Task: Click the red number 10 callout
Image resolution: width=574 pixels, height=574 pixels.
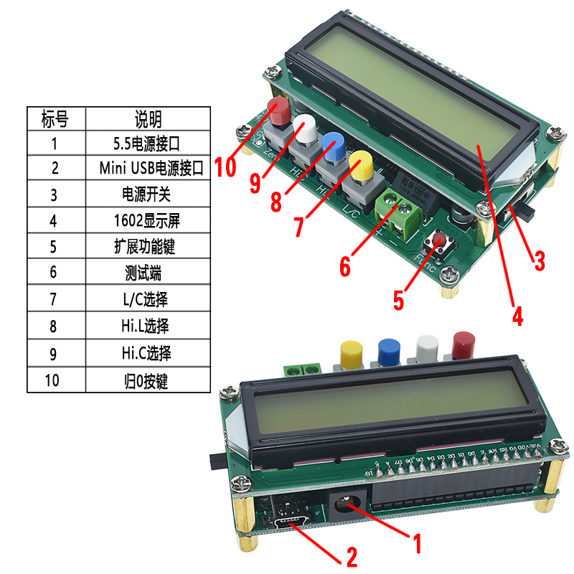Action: (225, 166)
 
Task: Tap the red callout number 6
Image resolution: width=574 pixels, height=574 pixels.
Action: (345, 267)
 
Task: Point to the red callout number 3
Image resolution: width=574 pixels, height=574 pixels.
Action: (539, 260)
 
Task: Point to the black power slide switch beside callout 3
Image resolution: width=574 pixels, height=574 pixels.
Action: (527, 212)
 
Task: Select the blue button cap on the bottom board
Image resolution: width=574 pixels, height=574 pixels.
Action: (389, 349)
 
